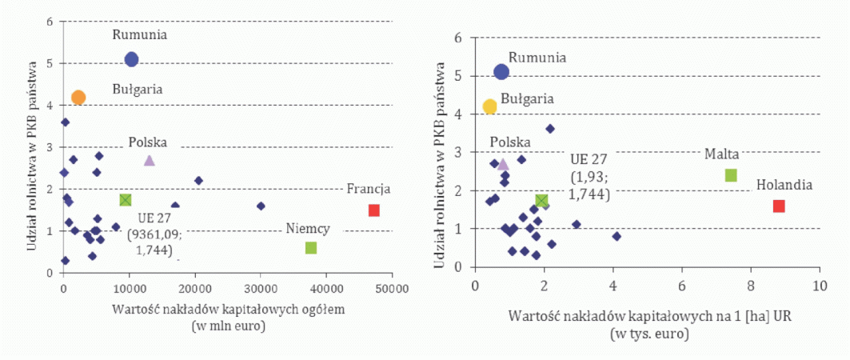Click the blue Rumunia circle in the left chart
(132, 58)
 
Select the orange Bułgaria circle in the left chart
(78, 98)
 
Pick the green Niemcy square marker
(311, 248)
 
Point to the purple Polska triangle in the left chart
(149, 161)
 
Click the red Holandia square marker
(779, 206)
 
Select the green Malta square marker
(731, 175)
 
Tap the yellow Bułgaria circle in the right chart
(490, 106)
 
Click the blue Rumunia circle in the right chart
(501, 72)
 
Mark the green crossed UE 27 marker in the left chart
(126, 199)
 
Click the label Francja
(368, 190)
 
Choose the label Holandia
(784, 185)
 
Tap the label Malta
(721, 153)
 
